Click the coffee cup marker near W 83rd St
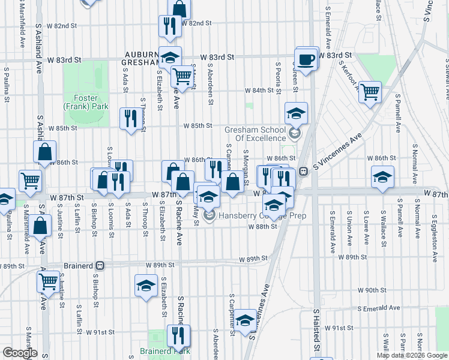pyautogui.click(x=307, y=59)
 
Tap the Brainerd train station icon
pyautogui.click(x=101, y=265)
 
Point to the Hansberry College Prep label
pyautogui.click(x=263, y=216)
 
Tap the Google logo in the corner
pyautogui.click(x=20, y=353)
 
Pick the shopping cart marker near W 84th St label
pyautogui.click(x=370, y=92)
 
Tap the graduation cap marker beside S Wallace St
pyautogui.click(x=382, y=177)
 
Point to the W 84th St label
pyautogui.click(x=259, y=91)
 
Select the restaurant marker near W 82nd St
pyautogui.click(x=170, y=26)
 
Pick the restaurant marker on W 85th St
pyautogui.click(x=130, y=118)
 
